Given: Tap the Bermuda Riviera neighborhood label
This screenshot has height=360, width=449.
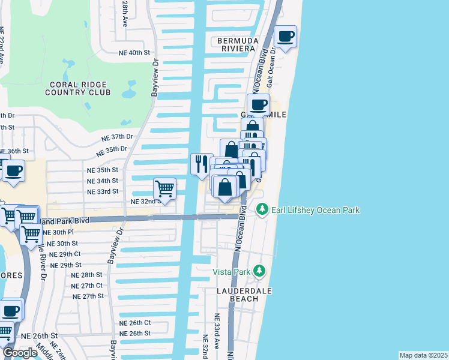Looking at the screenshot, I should click(x=234, y=44).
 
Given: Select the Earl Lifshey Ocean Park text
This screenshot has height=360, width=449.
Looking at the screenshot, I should click(x=315, y=210).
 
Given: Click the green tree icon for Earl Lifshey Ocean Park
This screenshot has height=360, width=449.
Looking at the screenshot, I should click(x=262, y=210).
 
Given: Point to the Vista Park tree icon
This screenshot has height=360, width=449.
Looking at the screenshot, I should click(x=259, y=271).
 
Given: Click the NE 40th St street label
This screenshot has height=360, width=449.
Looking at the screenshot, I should click(x=133, y=53).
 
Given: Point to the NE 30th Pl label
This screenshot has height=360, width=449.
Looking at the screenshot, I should click(x=58, y=232).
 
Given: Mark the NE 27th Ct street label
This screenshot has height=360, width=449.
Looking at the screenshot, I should click(x=87, y=286).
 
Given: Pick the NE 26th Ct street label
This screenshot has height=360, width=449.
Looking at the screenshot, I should click(x=135, y=323).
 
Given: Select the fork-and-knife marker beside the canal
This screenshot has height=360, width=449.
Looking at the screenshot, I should click(x=202, y=164).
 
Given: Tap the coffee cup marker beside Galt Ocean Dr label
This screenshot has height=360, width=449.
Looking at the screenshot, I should click(x=286, y=36).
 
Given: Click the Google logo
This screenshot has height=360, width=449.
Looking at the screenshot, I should click(x=20, y=353).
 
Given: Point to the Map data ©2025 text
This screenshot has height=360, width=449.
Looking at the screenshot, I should click(x=423, y=355).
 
